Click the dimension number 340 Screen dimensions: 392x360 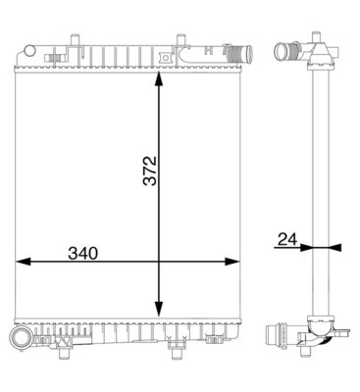(x=84, y=252)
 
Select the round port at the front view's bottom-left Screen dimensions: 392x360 (x=20, y=339)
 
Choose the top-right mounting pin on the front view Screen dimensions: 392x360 (x=180, y=41)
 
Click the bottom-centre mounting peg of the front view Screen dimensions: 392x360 (x=177, y=343)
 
